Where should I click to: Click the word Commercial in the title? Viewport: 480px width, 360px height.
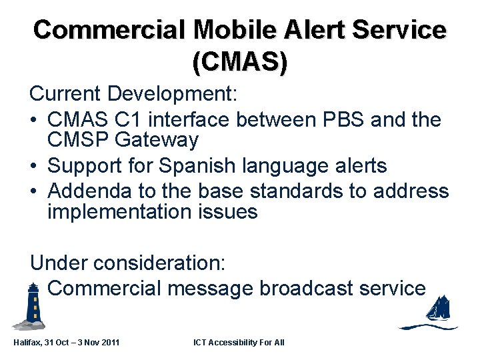[x=109, y=30]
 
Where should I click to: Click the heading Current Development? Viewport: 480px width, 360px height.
[x=133, y=93]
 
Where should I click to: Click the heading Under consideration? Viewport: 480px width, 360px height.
[x=128, y=263]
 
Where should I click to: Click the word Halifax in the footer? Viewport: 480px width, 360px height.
[x=28, y=342]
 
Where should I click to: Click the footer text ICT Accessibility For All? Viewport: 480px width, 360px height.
[x=239, y=342]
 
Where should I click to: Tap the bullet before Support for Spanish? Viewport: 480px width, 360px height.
[x=35, y=165]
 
